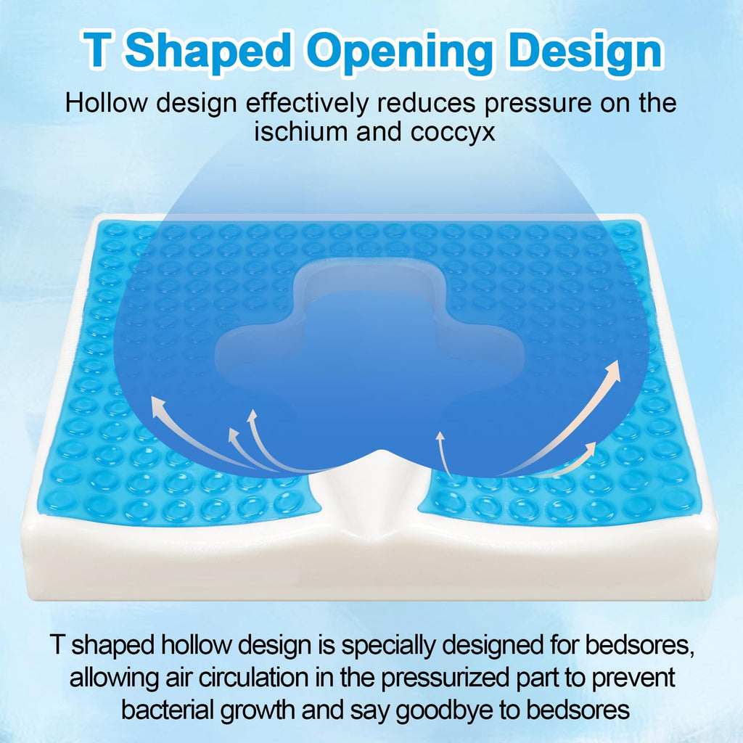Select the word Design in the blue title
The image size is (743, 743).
[x=586, y=52]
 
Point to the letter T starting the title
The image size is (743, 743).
[x=98, y=50]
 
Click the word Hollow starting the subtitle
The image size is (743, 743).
[x=106, y=102]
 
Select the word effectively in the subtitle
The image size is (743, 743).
[x=307, y=103]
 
